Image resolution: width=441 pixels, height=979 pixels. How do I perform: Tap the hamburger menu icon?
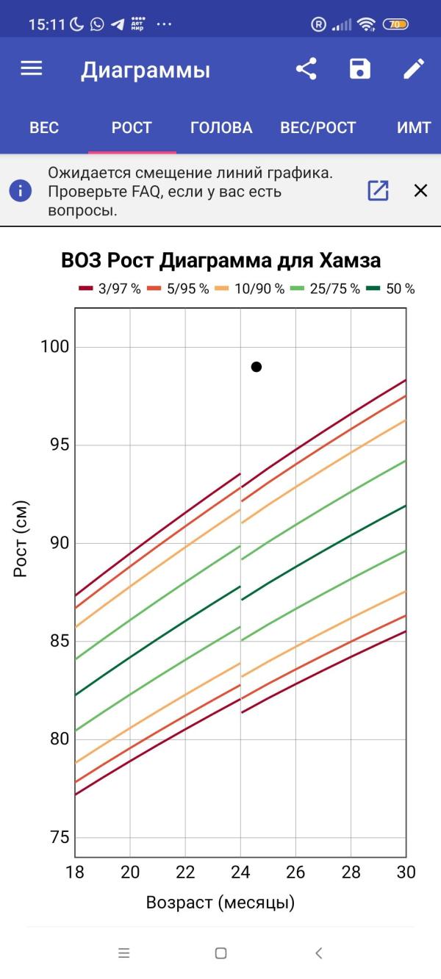tap(32, 69)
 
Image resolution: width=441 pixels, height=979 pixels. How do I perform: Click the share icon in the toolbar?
tap(306, 69)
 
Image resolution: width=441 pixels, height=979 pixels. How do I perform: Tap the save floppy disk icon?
tap(359, 69)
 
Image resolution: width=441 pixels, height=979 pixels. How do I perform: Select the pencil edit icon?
tap(414, 69)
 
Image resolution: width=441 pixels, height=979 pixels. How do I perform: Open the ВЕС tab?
tap(44, 128)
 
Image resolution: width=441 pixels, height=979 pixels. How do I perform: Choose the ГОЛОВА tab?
tap(221, 128)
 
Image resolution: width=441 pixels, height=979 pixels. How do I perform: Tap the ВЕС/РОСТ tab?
tap(318, 128)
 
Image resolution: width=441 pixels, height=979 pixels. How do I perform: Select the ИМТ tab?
tap(413, 128)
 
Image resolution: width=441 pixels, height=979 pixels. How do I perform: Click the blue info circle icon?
tap(21, 191)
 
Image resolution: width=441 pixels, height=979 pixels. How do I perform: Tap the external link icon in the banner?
tap(378, 191)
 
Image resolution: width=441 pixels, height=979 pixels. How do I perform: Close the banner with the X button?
tap(420, 191)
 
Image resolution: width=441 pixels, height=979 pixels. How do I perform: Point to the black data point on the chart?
tap(257, 367)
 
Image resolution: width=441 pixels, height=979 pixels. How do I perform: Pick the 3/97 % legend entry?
tap(110, 289)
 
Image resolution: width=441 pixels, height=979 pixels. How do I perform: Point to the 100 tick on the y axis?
tap(54, 347)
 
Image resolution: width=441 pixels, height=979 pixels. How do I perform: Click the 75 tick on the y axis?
tap(57, 838)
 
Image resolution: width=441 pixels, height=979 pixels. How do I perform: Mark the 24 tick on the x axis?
tap(240, 872)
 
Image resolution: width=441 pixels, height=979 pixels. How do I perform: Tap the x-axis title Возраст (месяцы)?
tap(220, 903)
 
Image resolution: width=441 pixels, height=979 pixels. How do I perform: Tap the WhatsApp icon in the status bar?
tap(97, 24)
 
